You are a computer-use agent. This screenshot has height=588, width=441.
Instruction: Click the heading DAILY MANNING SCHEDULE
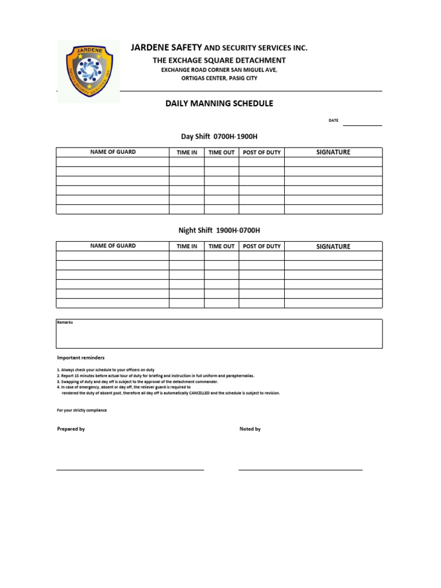(219, 104)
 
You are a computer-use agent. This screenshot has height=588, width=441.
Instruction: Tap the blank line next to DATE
(362, 123)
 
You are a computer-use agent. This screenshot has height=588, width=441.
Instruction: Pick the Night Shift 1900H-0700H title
(219, 230)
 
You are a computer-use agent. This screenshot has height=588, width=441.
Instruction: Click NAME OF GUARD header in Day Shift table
(113, 152)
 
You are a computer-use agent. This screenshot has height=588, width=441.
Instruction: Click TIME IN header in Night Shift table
(187, 246)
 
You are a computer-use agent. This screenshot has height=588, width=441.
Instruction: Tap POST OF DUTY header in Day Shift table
(262, 153)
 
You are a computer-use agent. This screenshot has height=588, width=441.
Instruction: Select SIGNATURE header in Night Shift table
(333, 246)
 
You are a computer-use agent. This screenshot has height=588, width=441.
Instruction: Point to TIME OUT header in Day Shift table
(222, 153)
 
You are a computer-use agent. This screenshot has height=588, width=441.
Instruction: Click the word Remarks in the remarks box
(65, 323)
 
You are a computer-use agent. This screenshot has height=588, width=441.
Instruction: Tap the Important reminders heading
(81, 358)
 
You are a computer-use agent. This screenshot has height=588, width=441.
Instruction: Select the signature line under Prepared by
(130, 470)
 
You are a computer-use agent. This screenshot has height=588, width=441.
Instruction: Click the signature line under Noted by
(300, 470)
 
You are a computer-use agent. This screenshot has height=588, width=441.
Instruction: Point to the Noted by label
(250, 429)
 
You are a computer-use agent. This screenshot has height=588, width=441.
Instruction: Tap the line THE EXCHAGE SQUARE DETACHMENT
(219, 60)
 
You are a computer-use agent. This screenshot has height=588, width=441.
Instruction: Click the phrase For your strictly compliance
(82, 411)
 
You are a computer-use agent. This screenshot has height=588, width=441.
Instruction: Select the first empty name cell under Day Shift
(113, 162)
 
